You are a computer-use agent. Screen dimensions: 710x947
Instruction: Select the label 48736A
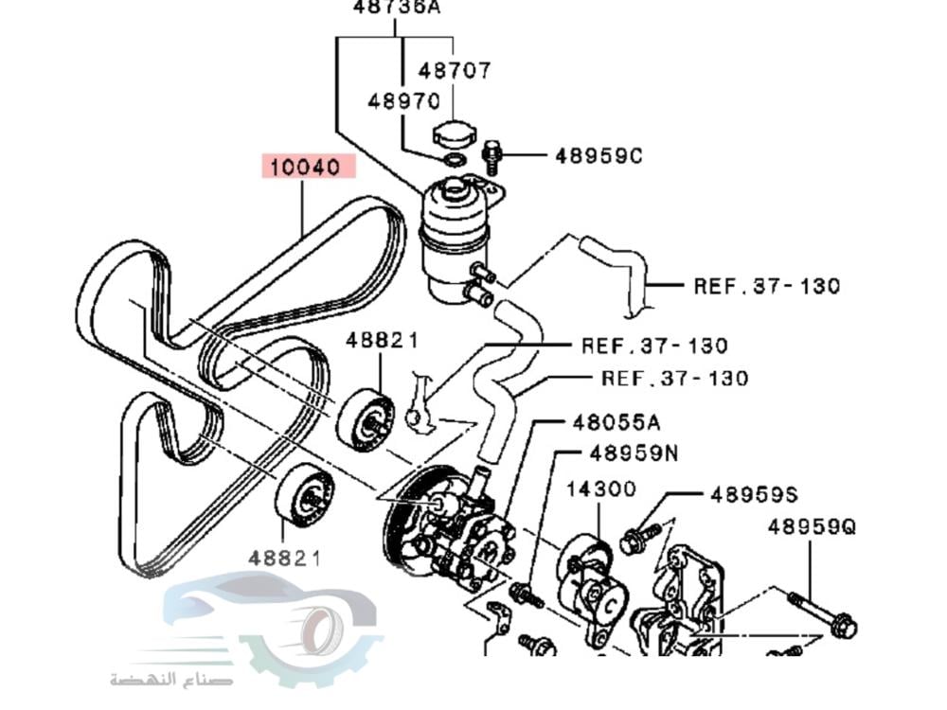click(x=397, y=8)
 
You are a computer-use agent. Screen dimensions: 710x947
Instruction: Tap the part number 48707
click(x=456, y=70)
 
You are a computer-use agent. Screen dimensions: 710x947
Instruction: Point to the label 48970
click(x=403, y=100)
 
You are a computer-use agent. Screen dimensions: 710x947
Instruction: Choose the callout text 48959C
click(x=598, y=154)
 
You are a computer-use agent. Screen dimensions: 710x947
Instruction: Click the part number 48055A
click(x=616, y=422)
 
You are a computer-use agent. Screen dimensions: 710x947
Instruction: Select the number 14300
click(x=601, y=488)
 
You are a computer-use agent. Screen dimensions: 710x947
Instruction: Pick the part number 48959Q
click(x=812, y=526)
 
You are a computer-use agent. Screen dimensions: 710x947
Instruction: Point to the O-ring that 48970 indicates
click(x=454, y=160)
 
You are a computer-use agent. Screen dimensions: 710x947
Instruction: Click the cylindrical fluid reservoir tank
click(x=453, y=237)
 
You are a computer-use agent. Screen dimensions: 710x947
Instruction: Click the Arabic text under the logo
click(x=171, y=679)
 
